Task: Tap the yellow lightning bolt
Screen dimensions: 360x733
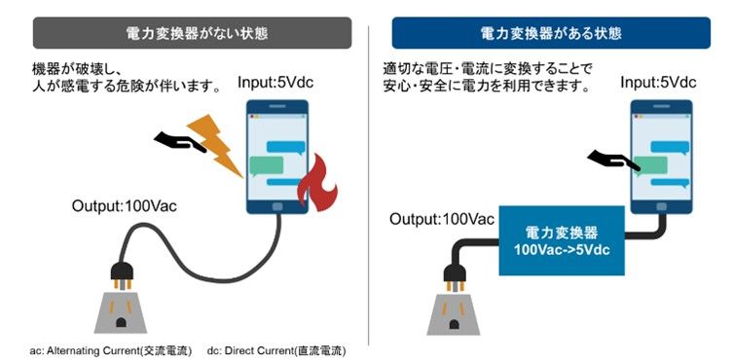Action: (x=221, y=144)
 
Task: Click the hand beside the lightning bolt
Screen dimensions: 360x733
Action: (x=177, y=143)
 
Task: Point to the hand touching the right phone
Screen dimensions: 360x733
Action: (x=612, y=160)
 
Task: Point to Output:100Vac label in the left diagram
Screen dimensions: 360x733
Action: (x=125, y=206)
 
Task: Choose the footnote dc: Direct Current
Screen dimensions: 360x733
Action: (x=276, y=348)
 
